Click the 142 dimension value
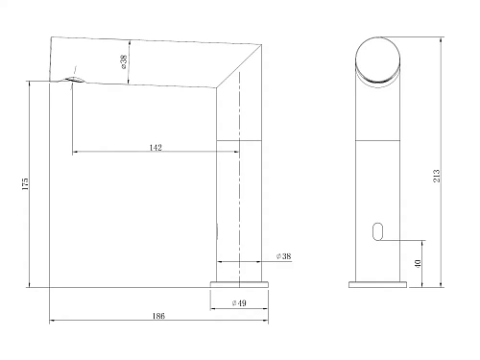[x=156, y=147]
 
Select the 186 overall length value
[x=158, y=316]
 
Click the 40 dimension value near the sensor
[x=416, y=262]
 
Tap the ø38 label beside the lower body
[x=283, y=255]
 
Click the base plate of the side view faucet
[x=241, y=283]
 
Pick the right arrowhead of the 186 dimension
[x=269, y=321]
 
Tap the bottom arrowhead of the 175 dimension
[x=31, y=284]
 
